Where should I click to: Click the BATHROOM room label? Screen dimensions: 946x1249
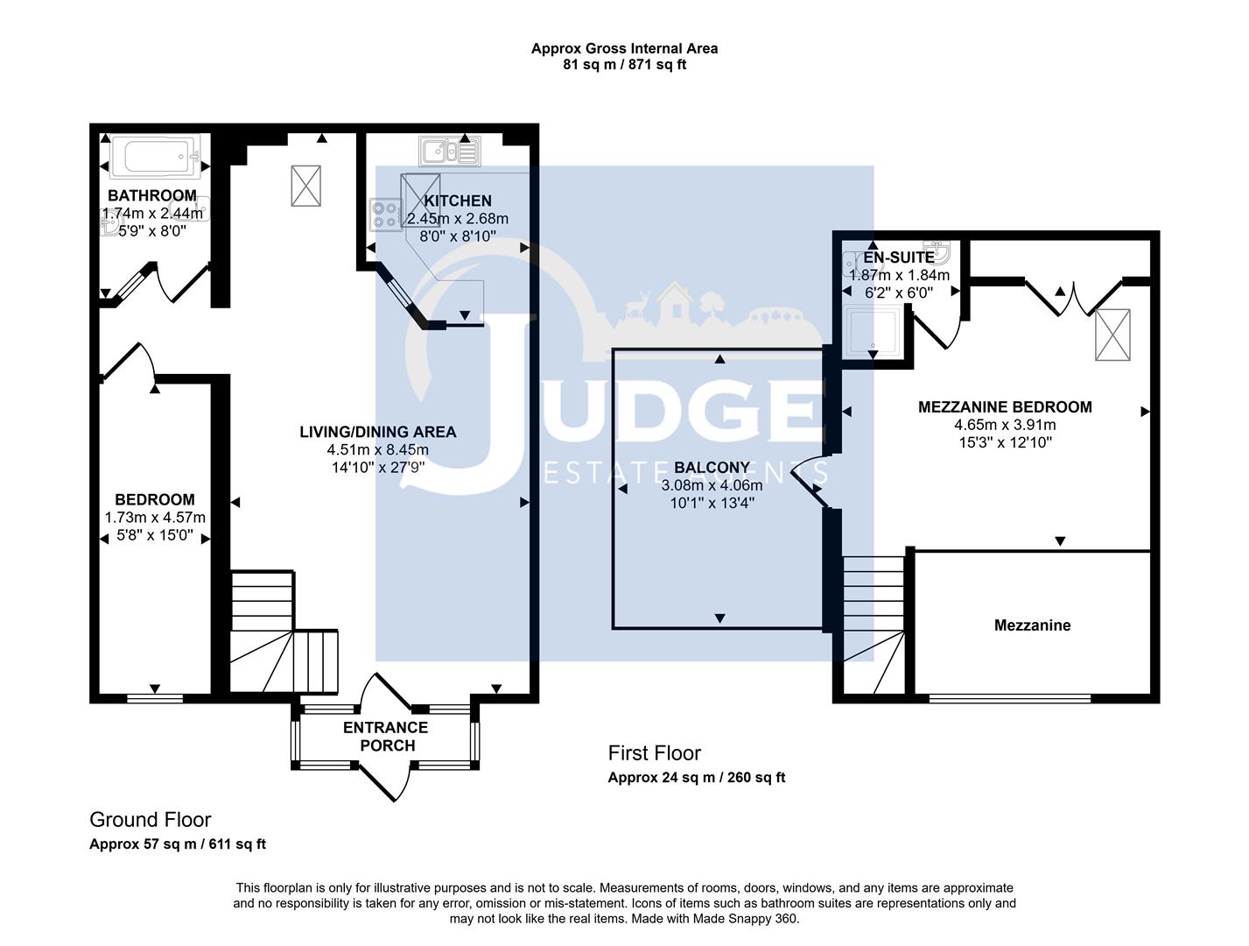(152, 195)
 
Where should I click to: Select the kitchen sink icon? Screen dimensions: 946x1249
(449, 152)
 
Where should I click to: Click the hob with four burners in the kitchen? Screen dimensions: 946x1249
(384, 213)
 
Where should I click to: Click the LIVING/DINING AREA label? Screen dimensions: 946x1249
(377, 432)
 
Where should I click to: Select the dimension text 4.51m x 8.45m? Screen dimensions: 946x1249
(377, 450)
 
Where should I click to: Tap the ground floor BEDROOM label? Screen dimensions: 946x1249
(155, 499)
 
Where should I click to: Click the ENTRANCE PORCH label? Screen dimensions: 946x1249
(385, 737)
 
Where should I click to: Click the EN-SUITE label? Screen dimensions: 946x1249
(898, 258)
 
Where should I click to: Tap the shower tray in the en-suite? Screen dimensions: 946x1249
(873, 333)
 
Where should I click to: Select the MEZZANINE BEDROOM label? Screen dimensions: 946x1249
(1005, 406)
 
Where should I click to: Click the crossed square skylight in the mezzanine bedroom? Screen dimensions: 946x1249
(1112, 335)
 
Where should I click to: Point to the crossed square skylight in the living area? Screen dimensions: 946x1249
(305, 186)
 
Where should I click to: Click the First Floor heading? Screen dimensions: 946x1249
(654, 753)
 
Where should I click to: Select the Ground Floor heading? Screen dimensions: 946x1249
(150, 820)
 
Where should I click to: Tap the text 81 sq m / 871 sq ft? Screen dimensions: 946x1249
(624, 65)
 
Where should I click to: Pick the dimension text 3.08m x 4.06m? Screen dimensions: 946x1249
(712, 485)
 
